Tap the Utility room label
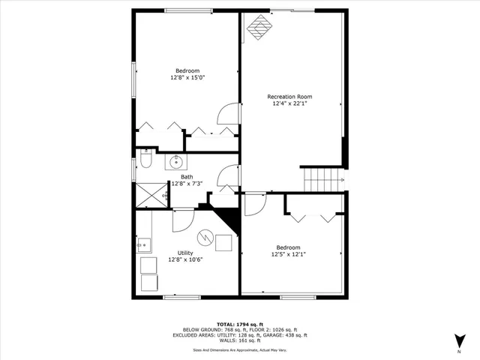pos(185,253)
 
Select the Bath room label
pos(186,177)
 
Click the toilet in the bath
pos(146,160)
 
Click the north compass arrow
pos(459,340)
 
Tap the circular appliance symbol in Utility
pos(203,235)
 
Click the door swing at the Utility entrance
pos(184,219)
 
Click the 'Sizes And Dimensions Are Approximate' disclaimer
pos(240,349)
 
